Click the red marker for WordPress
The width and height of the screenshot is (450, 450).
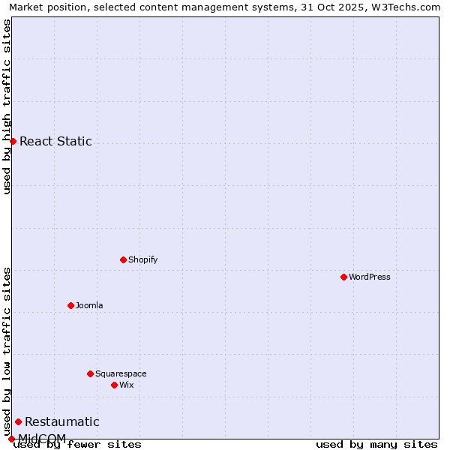[x=343, y=277]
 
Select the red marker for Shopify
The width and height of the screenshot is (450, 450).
[x=123, y=259]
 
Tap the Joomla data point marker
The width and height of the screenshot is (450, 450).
[x=70, y=305]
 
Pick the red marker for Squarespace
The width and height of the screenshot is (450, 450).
[x=90, y=373]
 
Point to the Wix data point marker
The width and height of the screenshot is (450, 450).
[x=114, y=385]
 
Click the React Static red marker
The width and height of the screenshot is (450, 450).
[x=13, y=141]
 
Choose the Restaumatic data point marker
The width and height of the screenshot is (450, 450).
[x=18, y=421]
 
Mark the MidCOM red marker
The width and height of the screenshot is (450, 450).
[x=11, y=439]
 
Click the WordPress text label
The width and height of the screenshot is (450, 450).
[x=370, y=277]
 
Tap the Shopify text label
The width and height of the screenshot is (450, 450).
[x=142, y=259]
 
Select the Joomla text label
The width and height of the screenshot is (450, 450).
[x=89, y=305]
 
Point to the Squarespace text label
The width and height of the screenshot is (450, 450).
[x=121, y=373]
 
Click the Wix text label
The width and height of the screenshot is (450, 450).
[x=126, y=385]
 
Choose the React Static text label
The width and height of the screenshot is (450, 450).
[x=55, y=141]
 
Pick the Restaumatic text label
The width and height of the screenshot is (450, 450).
[x=61, y=421]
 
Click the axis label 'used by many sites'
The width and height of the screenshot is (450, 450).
[x=376, y=444]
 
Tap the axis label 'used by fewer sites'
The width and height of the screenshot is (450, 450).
[x=77, y=444]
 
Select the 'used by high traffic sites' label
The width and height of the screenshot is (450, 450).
[x=7, y=107]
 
